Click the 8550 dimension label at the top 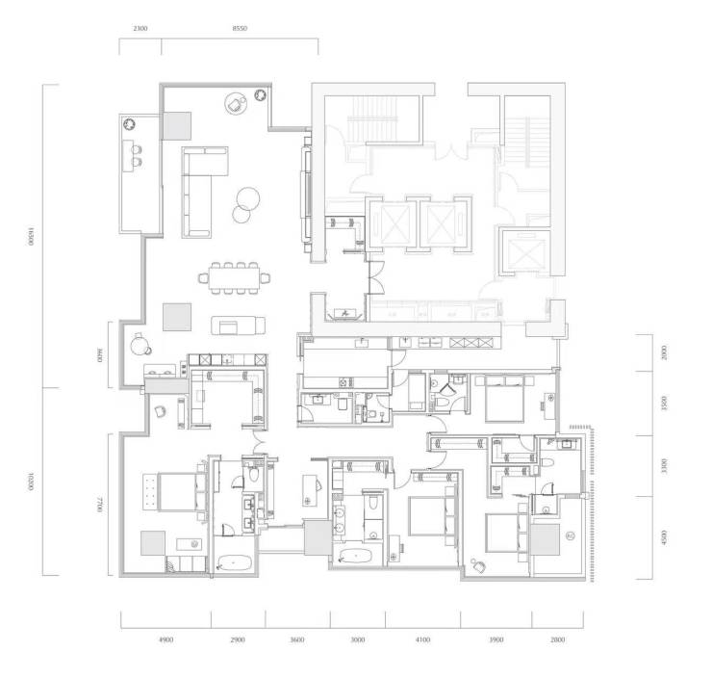point(240,28)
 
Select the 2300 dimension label point(140,28)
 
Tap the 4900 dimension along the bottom point(165,639)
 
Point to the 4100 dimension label point(422,639)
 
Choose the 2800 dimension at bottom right point(558,639)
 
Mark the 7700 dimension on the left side point(100,505)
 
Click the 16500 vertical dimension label point(31,236)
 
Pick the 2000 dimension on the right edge point(664,352)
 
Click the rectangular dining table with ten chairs point(235,277)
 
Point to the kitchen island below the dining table point(238,326)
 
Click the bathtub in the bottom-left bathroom point(234,563)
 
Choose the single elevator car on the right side point(525,252)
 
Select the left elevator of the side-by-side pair point(393,224)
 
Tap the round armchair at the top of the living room point(236,104)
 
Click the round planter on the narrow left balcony point(130,123)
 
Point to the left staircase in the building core point(373,119)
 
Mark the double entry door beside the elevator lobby point(376,278)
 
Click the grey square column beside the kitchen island point(177,317)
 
